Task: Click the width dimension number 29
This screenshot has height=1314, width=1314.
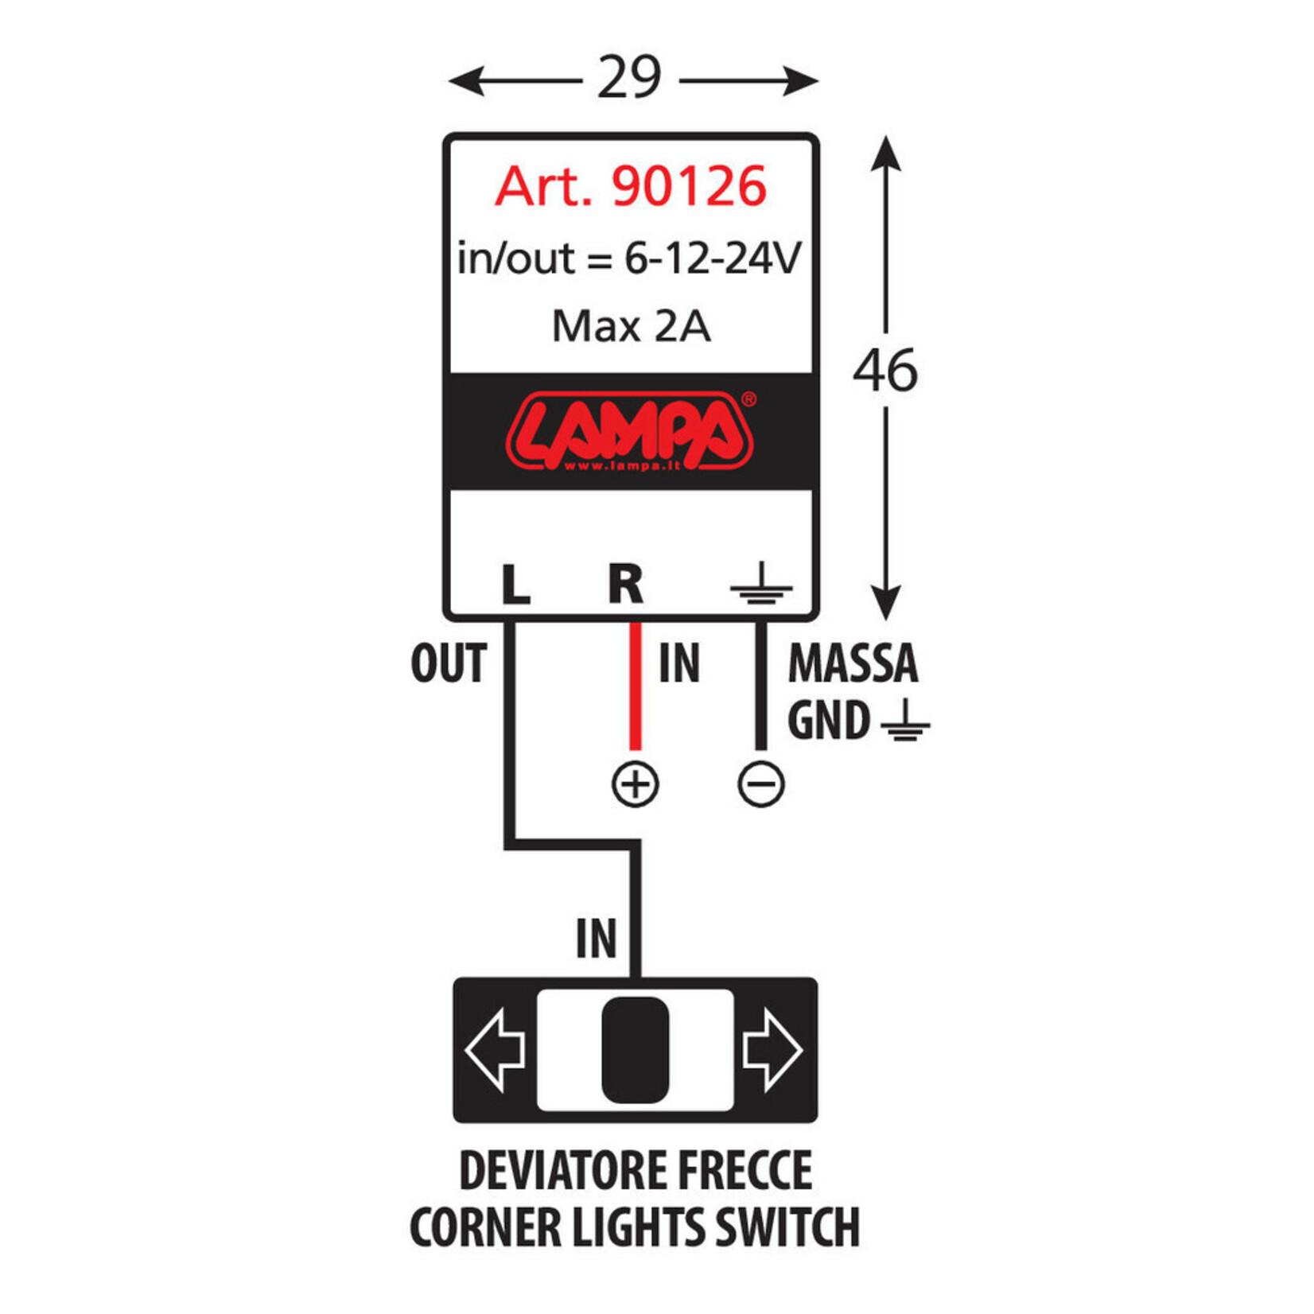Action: (629, 77)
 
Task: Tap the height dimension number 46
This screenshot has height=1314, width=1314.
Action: (884, 371)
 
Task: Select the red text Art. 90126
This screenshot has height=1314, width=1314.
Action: (630, 187)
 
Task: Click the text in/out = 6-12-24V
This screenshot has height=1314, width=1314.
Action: (629, 259)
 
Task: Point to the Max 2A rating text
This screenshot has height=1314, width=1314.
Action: (631, 326)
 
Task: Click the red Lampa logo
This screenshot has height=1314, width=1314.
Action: (629, 430)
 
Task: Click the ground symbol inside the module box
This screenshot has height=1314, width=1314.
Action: (761, 585)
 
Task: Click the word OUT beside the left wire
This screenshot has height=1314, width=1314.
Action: (448, 663)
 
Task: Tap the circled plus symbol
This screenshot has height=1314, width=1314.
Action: (635, 784)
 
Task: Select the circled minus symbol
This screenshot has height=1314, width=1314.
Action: (761, 784)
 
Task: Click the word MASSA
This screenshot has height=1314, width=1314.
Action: (852, 663)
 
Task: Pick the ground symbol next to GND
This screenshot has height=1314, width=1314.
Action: (905, 723)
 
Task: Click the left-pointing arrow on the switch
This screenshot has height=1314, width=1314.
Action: (496, 1050)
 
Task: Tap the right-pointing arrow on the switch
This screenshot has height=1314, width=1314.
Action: (772, 1050)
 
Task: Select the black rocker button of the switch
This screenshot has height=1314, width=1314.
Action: (635, 1050)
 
